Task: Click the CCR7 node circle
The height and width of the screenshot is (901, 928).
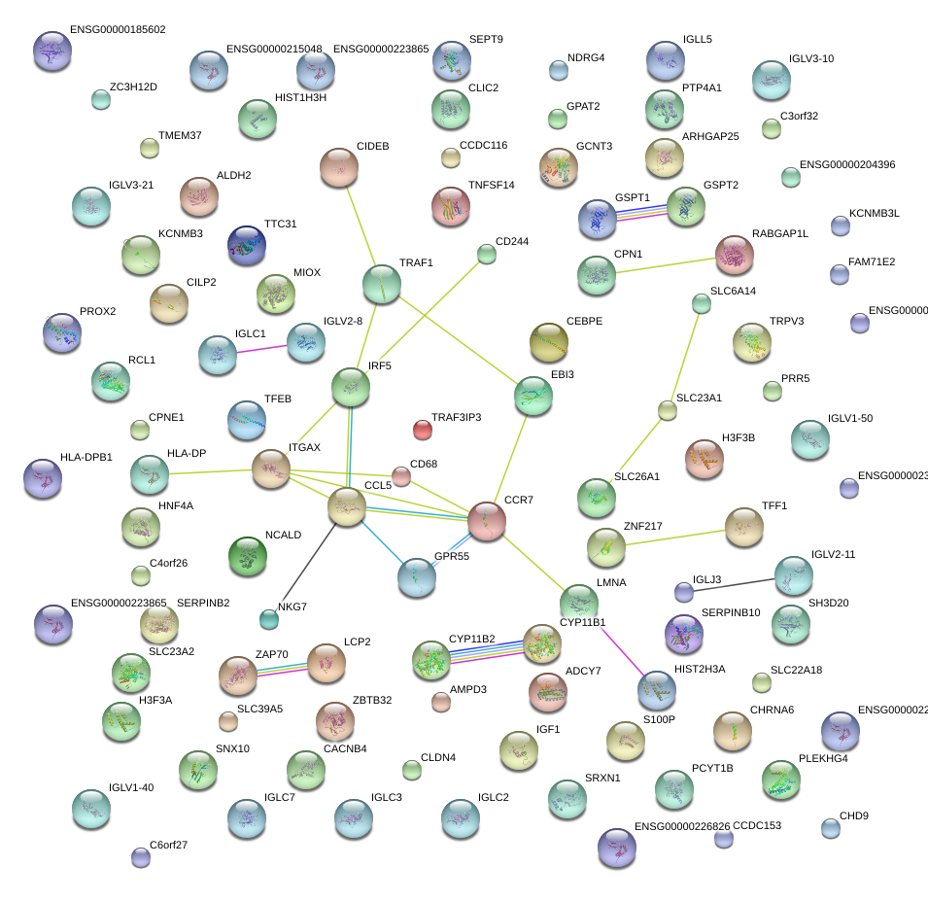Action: (487, 521)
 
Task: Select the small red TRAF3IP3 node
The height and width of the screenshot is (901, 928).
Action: (422, 429)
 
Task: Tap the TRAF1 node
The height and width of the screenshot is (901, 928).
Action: (381, 284)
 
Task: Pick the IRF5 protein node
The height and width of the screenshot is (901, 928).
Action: (351, 386)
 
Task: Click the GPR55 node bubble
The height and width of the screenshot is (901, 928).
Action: (417, 577)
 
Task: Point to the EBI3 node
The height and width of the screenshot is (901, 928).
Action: (533, 395)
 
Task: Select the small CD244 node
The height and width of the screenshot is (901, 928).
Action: (487, 255)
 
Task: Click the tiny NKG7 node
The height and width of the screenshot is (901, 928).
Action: (269, 618)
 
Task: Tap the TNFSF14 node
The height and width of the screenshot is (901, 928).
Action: (450, 205)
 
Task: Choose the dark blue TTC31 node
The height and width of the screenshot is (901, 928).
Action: (246, 245)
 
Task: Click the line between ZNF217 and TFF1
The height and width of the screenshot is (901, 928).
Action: (675, 537)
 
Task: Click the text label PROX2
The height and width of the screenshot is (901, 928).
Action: (97, 312)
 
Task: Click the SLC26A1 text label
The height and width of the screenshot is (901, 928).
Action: (636, 477)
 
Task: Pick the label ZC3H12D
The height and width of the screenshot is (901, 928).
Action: (133, 87)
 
